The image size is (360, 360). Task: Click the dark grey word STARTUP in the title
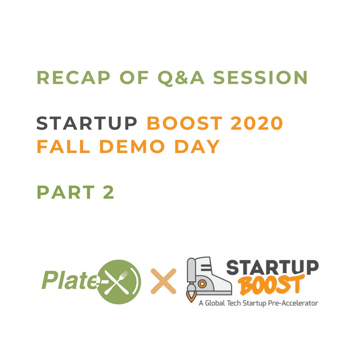pyautogui.click(x=87, y=124)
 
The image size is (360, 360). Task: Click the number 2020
pyautogui.click(x=255, y=124)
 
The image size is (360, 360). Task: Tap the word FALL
pyautogui.click(x=63, y=147)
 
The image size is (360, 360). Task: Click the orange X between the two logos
pyautogui.click(x=163, y=282)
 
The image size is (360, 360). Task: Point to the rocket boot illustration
pyautogui.click(x=208, y=277)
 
